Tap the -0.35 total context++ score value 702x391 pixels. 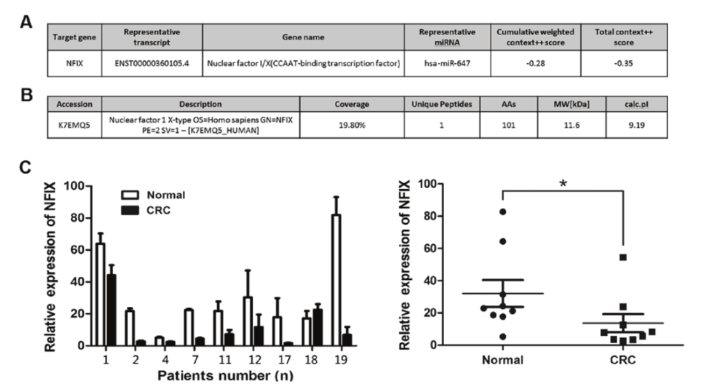624,64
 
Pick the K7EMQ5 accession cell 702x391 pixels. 74,125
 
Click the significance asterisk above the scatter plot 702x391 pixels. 563,184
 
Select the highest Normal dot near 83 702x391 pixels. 503,211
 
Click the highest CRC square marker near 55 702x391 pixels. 623,257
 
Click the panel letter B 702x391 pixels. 27,95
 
